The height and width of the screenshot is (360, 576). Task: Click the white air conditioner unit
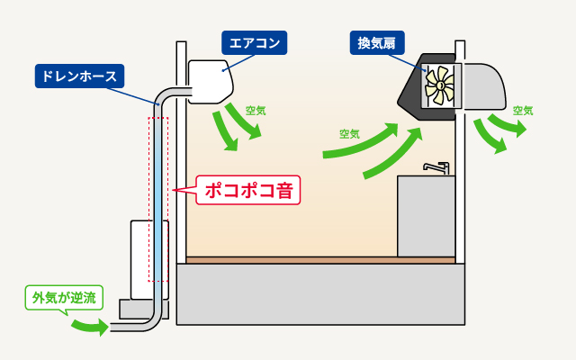(211, 79)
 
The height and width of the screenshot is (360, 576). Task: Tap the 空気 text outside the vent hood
(523, 111)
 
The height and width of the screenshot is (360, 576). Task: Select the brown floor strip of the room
(319, 260)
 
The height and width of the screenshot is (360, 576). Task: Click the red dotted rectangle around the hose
(158, 198)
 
